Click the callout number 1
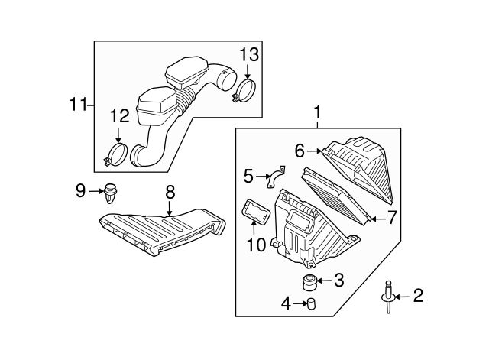(x=317, y=115)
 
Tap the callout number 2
(x=418, y=294)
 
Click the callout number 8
(x=170, y=191)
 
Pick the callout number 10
(x=255, y=245)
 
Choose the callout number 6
(x=300, y=151)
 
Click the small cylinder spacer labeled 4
(x=311, y=306)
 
